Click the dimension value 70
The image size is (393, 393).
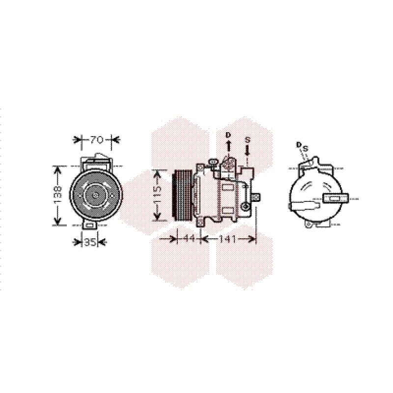pos(97,140)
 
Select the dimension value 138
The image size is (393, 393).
pos(57,195)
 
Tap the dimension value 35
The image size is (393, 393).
pos(90,242)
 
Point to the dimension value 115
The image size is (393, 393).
pos(157,195)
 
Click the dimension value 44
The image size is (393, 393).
pos(189,239)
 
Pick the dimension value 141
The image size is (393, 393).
pos(227,239)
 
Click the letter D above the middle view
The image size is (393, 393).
pos(228,135)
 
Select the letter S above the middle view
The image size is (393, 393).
pos(248,140)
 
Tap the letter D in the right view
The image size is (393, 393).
pos(299,144)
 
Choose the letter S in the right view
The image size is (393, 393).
pos(305,149)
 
